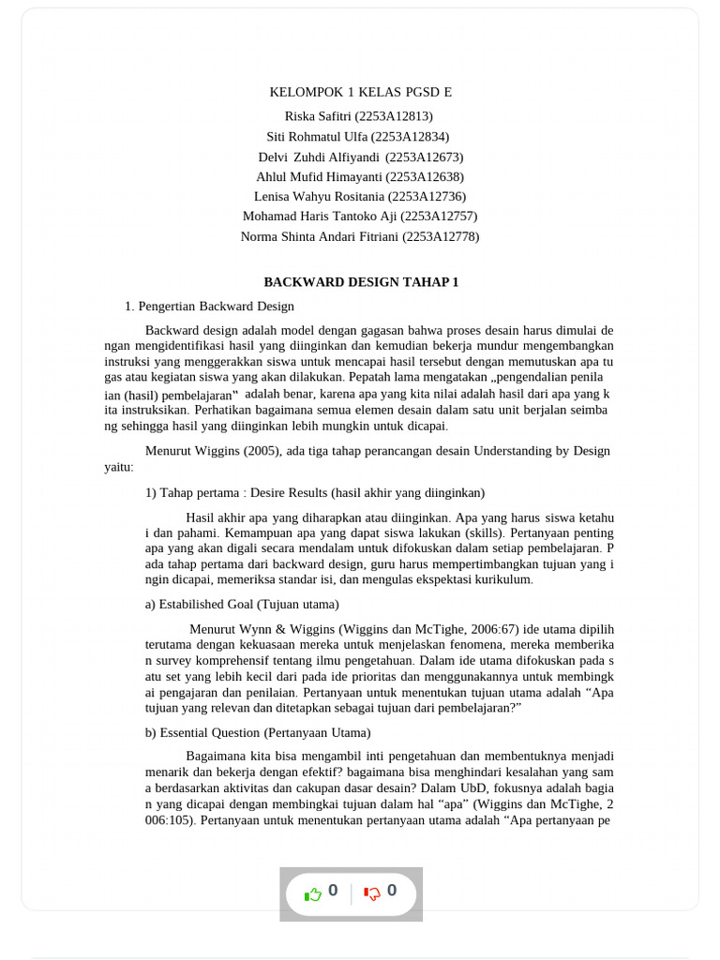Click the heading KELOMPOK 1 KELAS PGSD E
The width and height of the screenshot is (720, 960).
360,92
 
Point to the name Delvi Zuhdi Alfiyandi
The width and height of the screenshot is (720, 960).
319,157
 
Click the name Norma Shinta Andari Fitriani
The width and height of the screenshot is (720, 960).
320,237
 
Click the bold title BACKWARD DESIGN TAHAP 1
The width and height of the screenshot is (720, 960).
361,282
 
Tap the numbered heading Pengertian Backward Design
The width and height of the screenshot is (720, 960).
216,307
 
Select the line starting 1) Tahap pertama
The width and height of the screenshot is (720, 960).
314,492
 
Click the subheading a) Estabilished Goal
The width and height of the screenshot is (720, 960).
242,604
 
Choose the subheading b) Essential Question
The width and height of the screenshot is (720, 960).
258,732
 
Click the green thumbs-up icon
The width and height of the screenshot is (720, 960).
313,894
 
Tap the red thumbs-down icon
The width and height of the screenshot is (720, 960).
372,893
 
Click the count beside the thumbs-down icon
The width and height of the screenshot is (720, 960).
392,891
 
